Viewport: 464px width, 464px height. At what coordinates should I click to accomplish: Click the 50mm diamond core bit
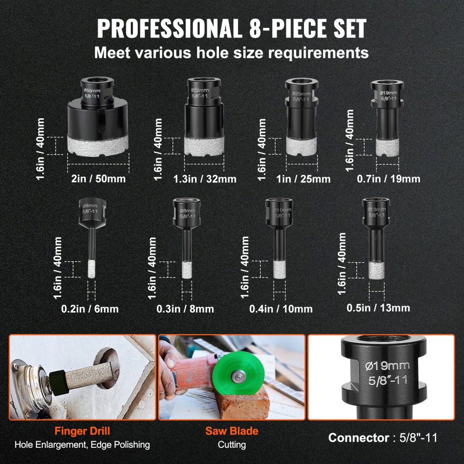click(98, 121)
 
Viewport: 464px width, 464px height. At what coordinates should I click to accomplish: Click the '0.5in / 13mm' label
click(379, 307)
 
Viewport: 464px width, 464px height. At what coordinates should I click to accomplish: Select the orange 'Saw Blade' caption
click(232, 431)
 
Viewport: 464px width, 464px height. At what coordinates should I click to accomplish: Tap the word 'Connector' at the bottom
click(358, 438)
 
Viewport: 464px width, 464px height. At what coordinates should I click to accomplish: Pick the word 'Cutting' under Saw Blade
click(232, 445)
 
